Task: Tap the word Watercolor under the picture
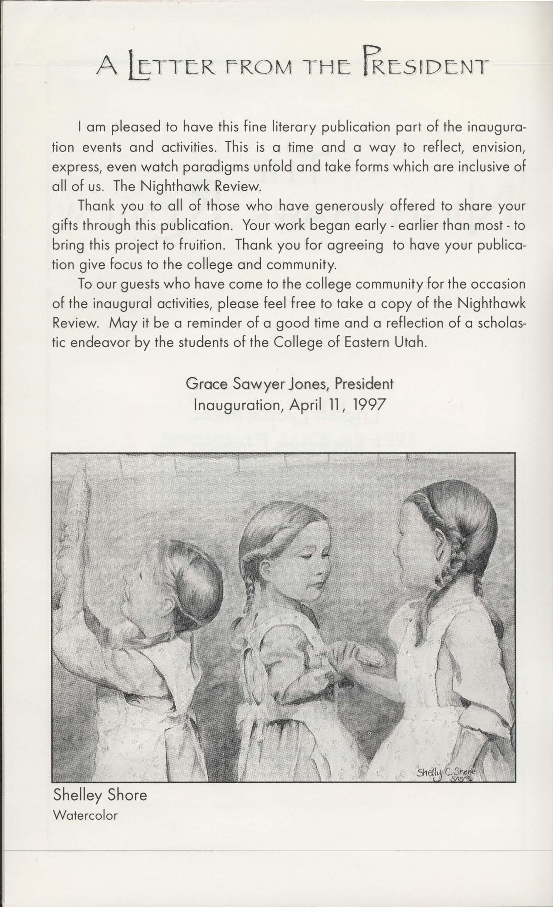[x=85, y=815]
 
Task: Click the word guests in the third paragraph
[x=137, y=285]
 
